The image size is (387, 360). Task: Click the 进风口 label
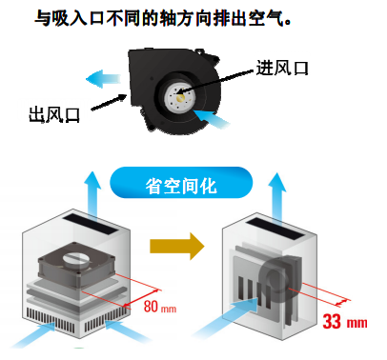pos(282,68)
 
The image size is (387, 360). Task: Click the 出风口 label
pos(54,114)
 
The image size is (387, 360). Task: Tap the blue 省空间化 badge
pos(181,183)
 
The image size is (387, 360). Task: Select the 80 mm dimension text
pos(160,307)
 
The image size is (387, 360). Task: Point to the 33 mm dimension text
pos(345,321)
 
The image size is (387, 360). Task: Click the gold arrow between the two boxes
pos(177,246)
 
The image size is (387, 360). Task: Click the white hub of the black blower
pos(178,96)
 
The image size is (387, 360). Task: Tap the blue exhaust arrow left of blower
pos(103,78)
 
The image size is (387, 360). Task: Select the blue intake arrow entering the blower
pos(212,118)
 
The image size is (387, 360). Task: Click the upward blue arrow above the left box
pos(93,196)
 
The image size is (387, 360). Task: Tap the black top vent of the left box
pos(90,224)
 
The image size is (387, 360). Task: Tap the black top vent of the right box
pos(275,229)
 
